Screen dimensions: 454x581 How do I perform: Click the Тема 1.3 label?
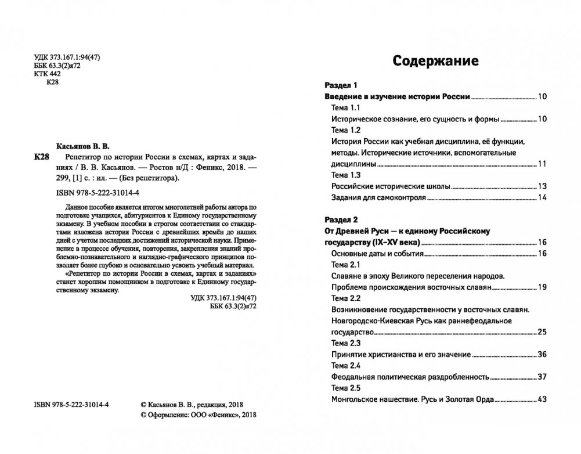point(346,175)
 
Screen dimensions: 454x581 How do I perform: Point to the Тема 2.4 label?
point(347,365)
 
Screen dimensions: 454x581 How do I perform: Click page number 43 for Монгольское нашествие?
point(543,399)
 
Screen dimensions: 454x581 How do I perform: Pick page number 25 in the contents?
point(543,332)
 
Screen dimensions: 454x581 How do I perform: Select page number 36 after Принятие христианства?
point(543,354)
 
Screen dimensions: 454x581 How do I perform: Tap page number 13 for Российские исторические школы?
point(543,186)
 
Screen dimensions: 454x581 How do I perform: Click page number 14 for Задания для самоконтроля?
point(543,198)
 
